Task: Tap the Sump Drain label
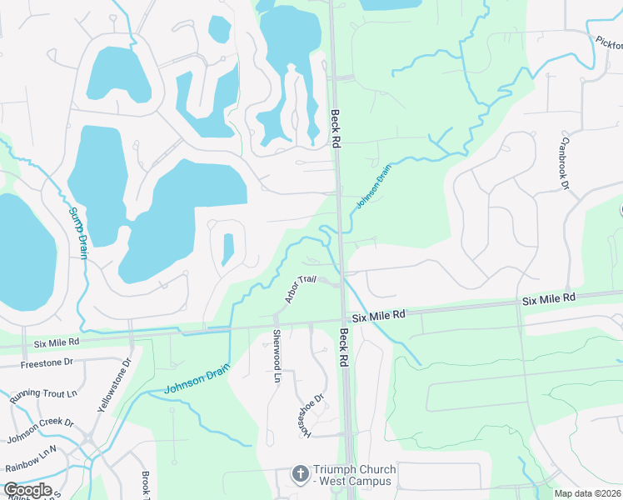click(77, 233)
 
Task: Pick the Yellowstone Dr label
click(116, 384)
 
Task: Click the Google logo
click(27, 489)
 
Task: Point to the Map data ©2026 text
click(587, 493)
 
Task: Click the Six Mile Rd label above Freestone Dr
click(57, 342)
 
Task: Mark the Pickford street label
click(609, 42)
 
